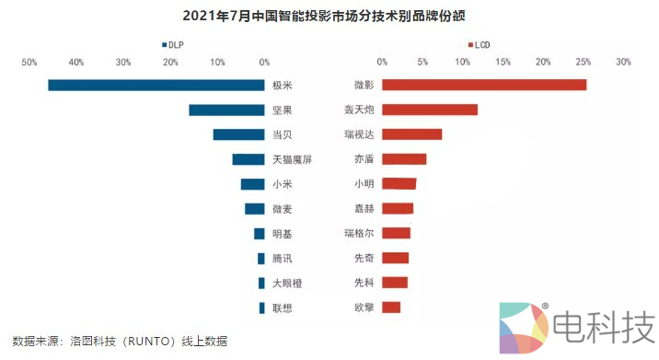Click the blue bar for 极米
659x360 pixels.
[x=156, y=86]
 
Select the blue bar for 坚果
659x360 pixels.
[x=226, y=110]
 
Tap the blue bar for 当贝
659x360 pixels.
[x=238, y=134]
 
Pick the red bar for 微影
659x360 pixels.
[x=484, y=86]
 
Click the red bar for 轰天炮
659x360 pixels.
[x=430, y=110]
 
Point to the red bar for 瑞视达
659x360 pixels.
[x=411, y=134]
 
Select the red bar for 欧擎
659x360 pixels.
[x=391, y=308]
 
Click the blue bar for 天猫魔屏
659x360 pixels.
[x=249, y=159]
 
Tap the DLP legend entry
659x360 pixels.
[x=173, y=44]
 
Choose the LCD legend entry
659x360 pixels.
[x=480, y=44]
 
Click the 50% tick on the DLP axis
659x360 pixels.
[x=29, y=63]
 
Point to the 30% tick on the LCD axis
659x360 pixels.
[x=623, y=63]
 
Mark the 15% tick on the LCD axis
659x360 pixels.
[x=503, y=63]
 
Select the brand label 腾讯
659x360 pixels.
[x=283, y=259]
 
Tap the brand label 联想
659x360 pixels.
[x=283, y=308]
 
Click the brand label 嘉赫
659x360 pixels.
[x=364, y=209]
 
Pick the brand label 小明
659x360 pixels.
[x=364, y=184]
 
